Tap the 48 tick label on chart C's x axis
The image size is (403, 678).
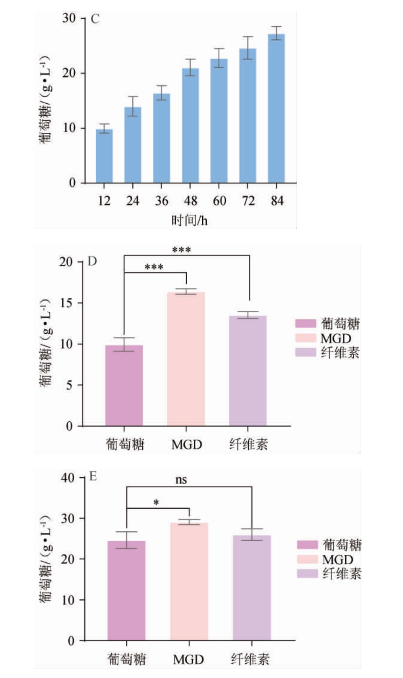pos(190,201)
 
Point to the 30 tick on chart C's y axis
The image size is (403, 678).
pos(68,18)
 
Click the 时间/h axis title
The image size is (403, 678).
pos(190,220)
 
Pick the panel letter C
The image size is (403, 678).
pos(95,19)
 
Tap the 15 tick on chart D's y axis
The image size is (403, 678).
pos(66,303)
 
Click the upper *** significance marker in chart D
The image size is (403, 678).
pos(181,250)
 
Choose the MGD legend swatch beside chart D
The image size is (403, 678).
pos(305,338)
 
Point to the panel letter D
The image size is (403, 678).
pos(92,262)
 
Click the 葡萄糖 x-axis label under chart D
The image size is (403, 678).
pos(124,444)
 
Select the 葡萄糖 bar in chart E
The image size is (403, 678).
pos(126,591)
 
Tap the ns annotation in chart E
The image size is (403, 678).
pos(181,480)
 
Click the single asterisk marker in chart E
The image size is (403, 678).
pos(156,503)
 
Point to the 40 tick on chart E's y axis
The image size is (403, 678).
pos(68,477)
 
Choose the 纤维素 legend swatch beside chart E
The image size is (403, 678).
pos(307,573)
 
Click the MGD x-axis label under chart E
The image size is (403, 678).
pos(188,660)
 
